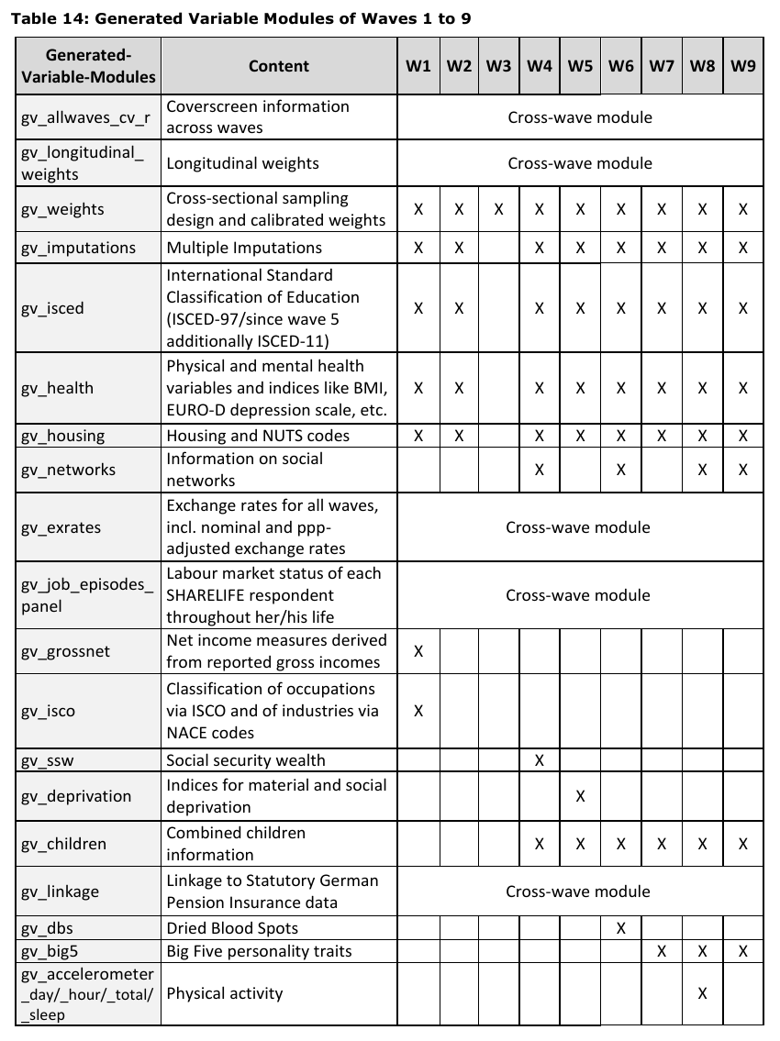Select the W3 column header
pyautogui.click(x=498, y=66)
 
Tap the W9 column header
pyautogui.click(x=742, y=66)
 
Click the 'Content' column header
pyautogui.click(x=279, y=66)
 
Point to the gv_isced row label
pyautogui.click(x=52, y=308)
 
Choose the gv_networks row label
pyautogui.click(x=68, y=470)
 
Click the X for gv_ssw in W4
pyautogui.click(x=540, y=760)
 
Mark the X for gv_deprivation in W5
pyautogui.click(x=580, y=796)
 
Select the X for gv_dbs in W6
pyautogui.click(x=620, y=928)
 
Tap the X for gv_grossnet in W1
pyautogui.click(x=418, y=651)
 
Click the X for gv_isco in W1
pyautogui.click(x=418, y=711)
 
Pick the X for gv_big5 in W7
pyautogui.click(x=661, y=951)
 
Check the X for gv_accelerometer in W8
pyautogui.click(x=702, y=993)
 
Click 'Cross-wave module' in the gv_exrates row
pyautogui.click(x=578, y=527)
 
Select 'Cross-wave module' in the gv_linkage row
pyautogui.click(x=578, y=891)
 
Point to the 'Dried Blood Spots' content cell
pyautogui.click(x=232, y=928)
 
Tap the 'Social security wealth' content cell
pyautogui.click(x=246, y=760)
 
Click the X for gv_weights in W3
pyautogui.click(x=498, y=209)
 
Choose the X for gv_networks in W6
pyautogui.click(x=620, y=470)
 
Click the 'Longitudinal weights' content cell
pyautogui.click(x=242, y=163)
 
